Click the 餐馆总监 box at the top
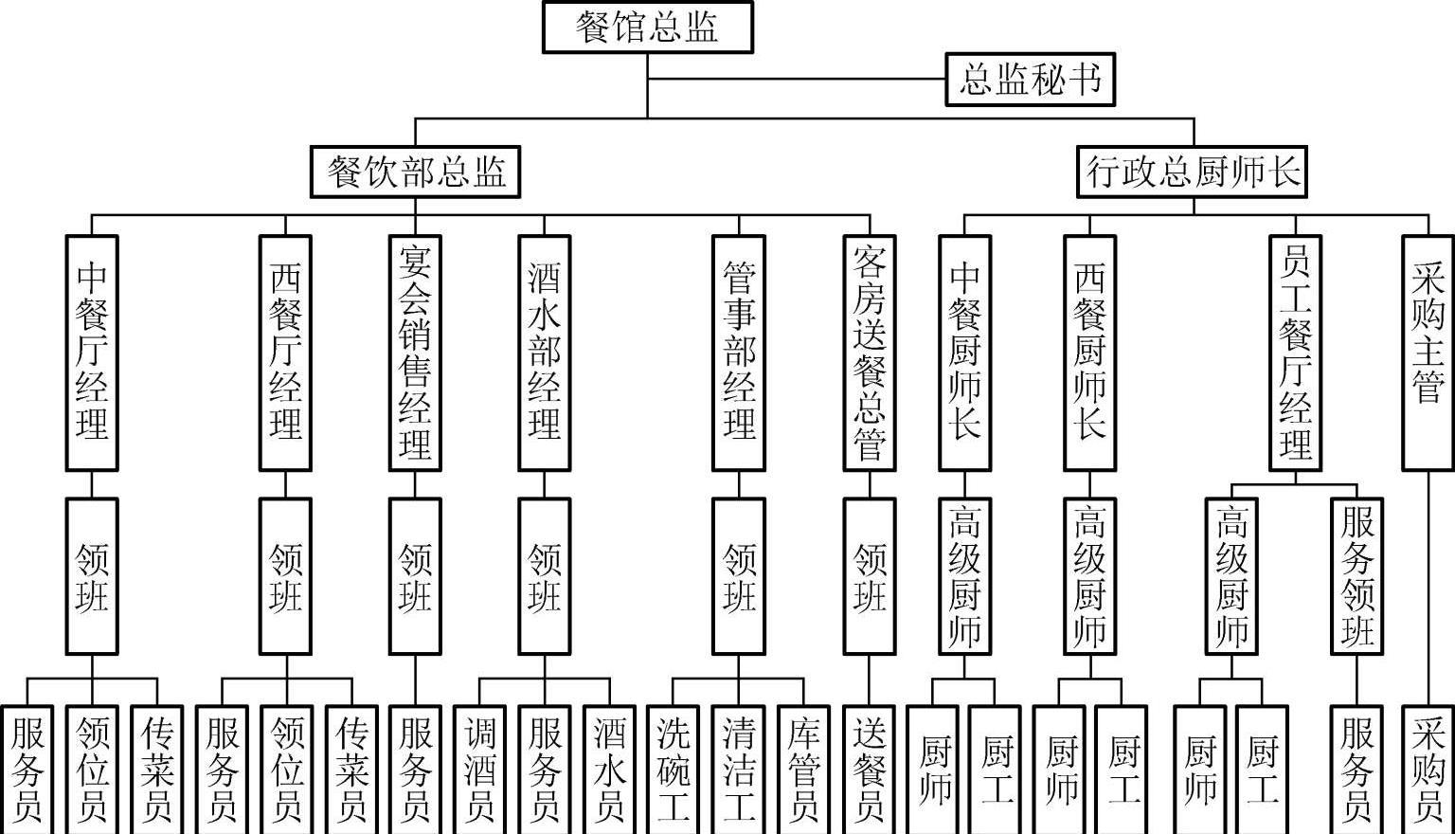coord(647,27)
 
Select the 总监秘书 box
coord(1030,80)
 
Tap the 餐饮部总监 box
coord(415,172)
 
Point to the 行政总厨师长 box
coord(1192,172)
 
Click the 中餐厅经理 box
coord(92,353)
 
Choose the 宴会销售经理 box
coord(415,353)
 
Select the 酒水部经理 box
coord(545,353)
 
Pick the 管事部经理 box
coord(739,353)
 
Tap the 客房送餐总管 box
coord(869,353)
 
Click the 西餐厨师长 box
coord(1089,353)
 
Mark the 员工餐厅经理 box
coord(1295,353)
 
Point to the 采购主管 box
coord(1427,353)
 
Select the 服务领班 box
coord(1357,576)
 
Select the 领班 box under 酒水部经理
coord(545,576)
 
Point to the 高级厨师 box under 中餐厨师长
coord(964,576)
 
